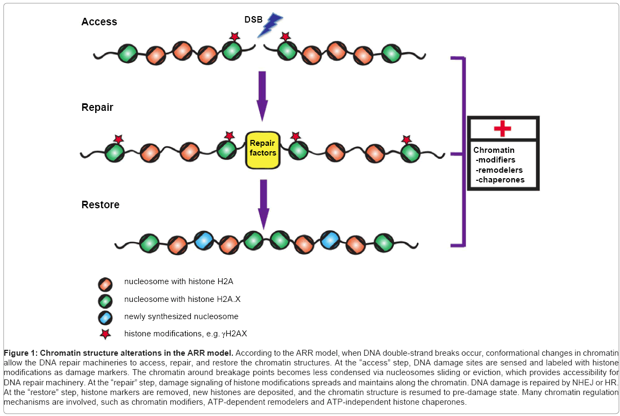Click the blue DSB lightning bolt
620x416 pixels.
(x=269, y=25)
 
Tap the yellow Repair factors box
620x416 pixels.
(x=262, y=148)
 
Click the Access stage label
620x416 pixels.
(x=99, y=22)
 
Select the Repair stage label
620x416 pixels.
(x=97, y=107)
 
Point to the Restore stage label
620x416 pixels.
(x=101, y=205)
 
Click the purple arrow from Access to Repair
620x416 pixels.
(x=262, y=95)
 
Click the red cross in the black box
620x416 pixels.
(x=502, y=129)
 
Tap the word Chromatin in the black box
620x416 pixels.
(x=494, y=150)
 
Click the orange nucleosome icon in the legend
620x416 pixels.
(x=105, y=283)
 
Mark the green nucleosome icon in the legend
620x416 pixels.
(x=105, y=299)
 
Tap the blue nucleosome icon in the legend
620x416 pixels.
(x=105, y=316)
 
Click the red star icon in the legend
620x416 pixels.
(x=105, y=334)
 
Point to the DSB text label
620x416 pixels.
(x=253, y=19)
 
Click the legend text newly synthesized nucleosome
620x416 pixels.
(x=181, y=316)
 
